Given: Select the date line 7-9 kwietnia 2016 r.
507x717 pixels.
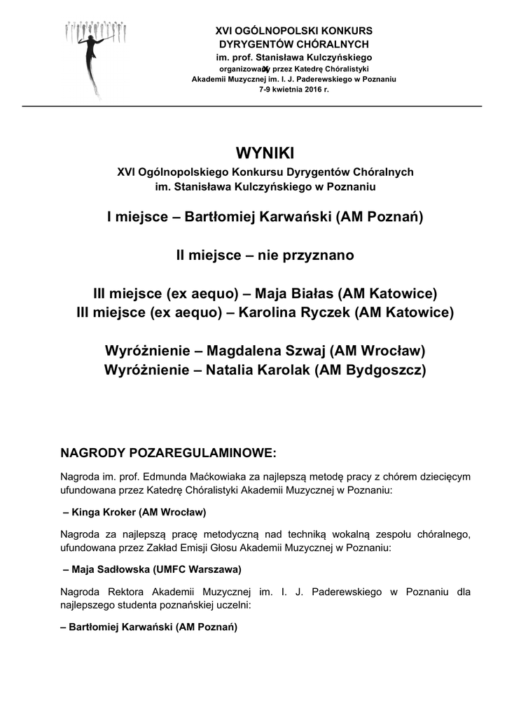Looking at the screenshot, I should click(x=293, y=90).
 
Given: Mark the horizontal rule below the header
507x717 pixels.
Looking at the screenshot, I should click(x=252, y=106).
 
